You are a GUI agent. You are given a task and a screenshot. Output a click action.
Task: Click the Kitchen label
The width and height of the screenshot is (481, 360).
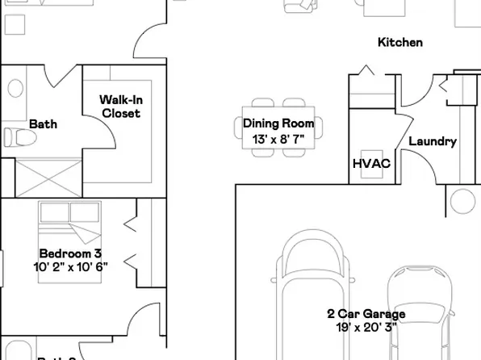tap(400, 43)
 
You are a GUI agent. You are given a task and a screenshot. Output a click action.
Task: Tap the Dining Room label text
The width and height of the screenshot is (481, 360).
tap(278, 124)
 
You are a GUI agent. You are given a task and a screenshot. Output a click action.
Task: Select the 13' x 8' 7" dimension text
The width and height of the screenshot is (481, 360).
tap(278, 139)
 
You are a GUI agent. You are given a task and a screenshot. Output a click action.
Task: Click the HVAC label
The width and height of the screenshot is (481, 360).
tap(371, 164)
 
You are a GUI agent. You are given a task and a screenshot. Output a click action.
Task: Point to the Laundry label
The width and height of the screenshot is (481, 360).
tap(433, 141)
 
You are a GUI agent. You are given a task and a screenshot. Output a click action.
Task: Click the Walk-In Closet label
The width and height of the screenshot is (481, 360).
tap(120, 107)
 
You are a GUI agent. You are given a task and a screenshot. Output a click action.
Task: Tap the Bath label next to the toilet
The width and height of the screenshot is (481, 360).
tap(43, 124)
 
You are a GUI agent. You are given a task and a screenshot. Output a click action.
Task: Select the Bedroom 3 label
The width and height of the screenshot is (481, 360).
tap(70, 253)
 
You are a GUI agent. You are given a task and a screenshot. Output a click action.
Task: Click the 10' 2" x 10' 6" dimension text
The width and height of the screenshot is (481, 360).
tap(70, 266)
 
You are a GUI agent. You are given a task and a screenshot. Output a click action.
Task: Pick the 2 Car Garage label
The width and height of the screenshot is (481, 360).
tap(366, 314)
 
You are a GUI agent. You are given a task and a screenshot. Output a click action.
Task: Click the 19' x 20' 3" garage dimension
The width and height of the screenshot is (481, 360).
tap(366, 328)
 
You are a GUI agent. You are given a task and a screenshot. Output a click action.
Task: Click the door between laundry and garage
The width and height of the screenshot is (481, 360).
tap(413, 170)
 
